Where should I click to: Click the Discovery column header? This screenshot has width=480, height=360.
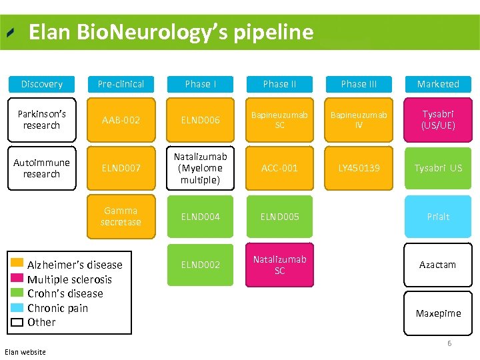41,84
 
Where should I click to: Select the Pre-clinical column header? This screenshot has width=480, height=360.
121,84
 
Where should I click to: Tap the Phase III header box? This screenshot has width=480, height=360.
359,84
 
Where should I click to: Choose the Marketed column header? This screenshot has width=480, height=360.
438,84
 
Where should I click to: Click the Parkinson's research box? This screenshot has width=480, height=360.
41,120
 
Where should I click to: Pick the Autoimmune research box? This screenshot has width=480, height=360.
41,168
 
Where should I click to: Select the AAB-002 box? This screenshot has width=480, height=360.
121,120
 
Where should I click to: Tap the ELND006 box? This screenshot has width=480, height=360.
201,120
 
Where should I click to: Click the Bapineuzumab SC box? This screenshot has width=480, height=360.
279,120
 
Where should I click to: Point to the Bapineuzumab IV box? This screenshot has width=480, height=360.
359,120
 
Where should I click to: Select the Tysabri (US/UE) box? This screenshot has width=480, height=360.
438,120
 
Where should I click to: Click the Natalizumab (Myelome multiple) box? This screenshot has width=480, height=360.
201,168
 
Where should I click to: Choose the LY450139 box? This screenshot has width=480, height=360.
359,168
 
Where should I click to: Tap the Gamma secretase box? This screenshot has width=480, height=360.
121,216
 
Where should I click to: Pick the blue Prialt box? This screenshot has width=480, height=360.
438,216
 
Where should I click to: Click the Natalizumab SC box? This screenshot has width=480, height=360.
279,265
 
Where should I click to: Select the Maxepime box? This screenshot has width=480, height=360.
438,313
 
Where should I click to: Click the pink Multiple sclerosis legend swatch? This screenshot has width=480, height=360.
17,279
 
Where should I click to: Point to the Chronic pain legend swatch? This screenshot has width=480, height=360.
17,307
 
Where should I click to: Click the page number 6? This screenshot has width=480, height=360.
449,343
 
